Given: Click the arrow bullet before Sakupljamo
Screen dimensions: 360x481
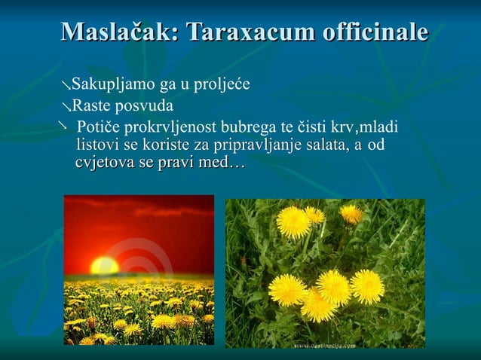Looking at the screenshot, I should pyautogui.click(x=66, y=84).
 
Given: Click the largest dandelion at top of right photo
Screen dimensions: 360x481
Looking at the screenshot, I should pyautogui.click(x=293, y=222).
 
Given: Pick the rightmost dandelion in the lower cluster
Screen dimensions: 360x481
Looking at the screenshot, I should pyautogui.click(x=367, y=286).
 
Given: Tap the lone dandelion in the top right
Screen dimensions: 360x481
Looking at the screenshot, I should pyautogui.click(x=351, y=214).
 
